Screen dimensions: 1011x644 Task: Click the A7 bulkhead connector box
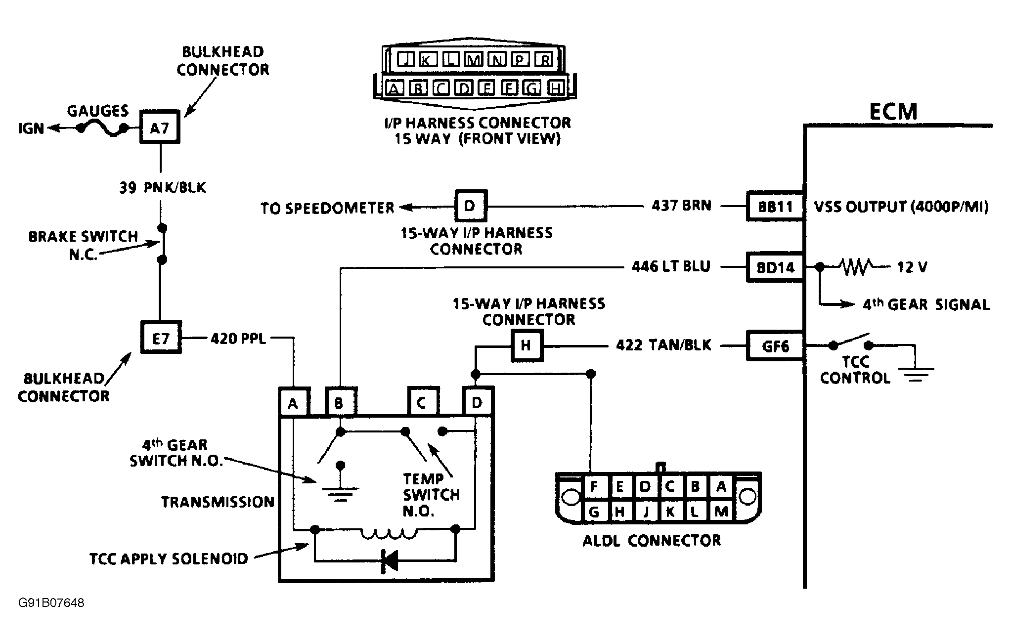pos(160,129)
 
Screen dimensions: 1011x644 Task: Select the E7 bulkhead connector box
pos(161,338)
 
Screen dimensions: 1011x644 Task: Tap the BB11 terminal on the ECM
pos(775,206)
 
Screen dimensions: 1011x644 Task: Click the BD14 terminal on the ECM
pos(775,267)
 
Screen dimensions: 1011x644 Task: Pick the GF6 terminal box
pos(775,346)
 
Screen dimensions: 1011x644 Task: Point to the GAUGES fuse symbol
pos(101,129)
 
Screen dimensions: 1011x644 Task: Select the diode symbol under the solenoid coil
pos(389,561)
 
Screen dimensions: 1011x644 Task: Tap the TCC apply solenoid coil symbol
pos(389,533)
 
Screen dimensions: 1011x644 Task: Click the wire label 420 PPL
pos(238,339)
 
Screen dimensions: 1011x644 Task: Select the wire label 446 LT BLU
pos(671,267)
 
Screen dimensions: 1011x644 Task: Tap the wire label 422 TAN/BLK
pos(663,345)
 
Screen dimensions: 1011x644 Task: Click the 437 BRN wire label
pos(681,206)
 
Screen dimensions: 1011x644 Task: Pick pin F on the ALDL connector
pos(594,487)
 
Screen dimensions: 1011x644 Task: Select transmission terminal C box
pos(422,403)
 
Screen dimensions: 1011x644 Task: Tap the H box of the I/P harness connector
pos(526,345)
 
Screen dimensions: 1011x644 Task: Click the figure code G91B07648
pos(51,603)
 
